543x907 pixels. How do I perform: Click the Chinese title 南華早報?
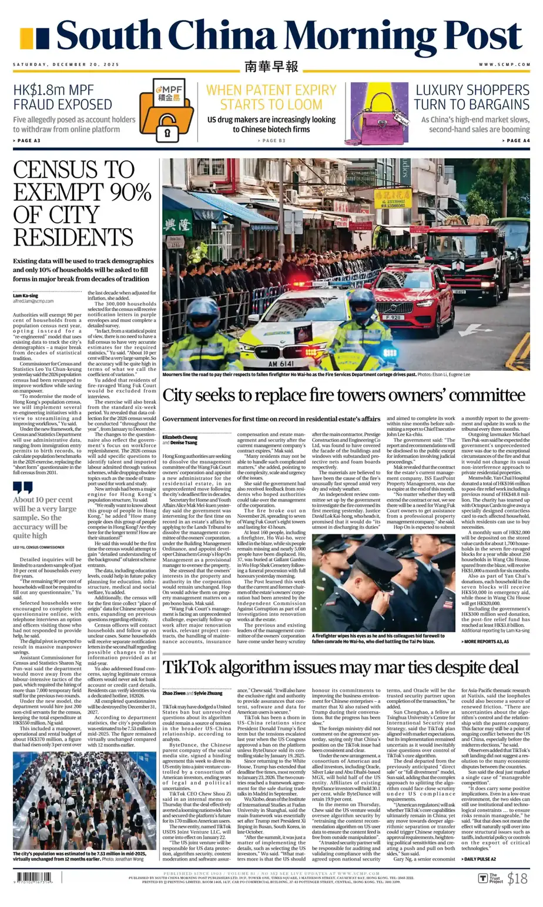tap(271, 66)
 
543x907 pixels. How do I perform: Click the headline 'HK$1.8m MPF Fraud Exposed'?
tap(62, 97)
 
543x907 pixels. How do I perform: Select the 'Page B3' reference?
tap(271, 140)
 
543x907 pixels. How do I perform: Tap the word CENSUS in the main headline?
tap(73, 170)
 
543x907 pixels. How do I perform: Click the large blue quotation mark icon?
tap(23, 487)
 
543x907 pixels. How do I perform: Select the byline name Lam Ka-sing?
tap(25, 295)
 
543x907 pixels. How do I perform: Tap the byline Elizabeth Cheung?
tap(180, 437)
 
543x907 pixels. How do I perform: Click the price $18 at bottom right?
tap(517, 878)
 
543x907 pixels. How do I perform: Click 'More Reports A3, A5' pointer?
tap(485, 641)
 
